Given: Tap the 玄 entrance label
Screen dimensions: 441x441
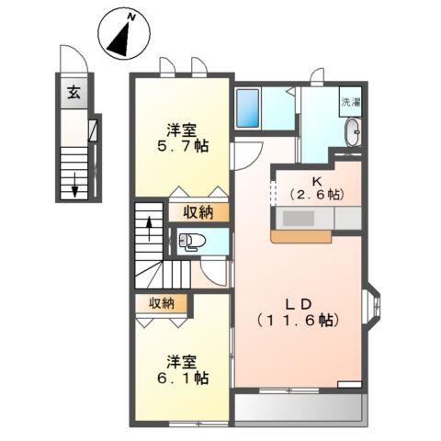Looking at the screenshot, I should [x=72, y=92].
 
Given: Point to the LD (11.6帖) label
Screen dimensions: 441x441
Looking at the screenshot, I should [x=300, y=312].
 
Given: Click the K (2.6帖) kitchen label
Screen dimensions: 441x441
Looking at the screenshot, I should [x=315, y=187].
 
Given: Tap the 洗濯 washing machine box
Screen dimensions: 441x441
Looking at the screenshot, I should [x=350, y=103].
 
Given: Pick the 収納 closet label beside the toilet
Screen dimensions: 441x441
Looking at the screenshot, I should [x=198, y=213].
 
